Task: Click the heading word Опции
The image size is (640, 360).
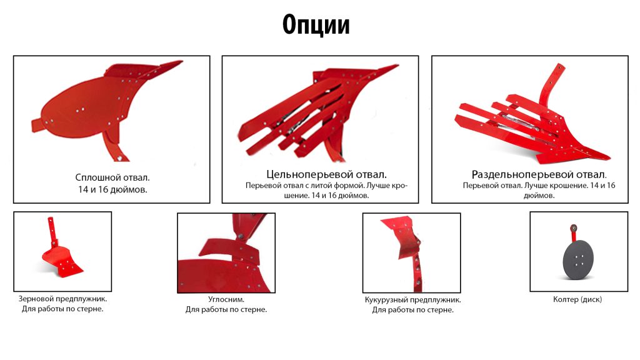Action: click(x=316, y=25)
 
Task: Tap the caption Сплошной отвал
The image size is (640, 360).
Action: click(x=112, y=177)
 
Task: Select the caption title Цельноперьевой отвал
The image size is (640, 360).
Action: click(x=326, y=174)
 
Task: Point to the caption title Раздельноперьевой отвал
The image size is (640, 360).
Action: click(x=539, y=174)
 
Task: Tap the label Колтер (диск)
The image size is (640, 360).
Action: click(x=577, y=299)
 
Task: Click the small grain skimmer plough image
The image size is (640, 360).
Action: click(x=61, y=249)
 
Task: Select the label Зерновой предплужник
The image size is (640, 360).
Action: click(x=62, y=299)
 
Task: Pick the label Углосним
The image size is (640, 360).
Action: click(x=226, y=299)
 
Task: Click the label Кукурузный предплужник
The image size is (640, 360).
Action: click(x=412, y=299)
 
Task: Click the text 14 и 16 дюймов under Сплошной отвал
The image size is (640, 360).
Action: click(x=112, y=189)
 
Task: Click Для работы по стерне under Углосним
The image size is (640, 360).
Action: click(x=226, y=309)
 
